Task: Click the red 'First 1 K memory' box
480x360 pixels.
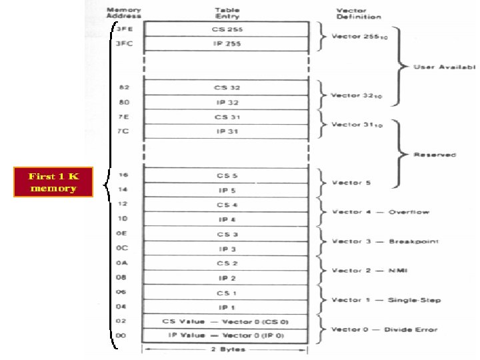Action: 53,182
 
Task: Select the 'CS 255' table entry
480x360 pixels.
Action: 227,29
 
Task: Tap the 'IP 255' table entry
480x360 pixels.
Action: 227,44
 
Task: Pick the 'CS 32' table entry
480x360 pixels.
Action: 227,87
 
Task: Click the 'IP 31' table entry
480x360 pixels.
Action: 227,131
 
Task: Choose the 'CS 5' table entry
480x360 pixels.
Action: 227,175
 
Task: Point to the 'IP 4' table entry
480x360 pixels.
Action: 227,219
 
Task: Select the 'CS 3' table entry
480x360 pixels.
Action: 227,234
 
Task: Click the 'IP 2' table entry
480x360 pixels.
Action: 227,278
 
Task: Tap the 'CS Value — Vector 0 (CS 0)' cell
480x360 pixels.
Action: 227,321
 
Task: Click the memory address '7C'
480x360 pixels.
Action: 123,131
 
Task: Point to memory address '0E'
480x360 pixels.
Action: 123,234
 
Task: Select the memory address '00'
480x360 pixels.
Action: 123,335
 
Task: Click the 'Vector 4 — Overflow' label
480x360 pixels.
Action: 381,212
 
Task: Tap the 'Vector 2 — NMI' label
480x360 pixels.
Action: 371,271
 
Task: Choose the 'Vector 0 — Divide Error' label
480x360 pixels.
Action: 385,329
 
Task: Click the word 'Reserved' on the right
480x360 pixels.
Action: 435,155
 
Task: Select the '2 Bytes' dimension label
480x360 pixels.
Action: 227,349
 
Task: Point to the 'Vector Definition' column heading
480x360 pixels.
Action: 359,13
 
